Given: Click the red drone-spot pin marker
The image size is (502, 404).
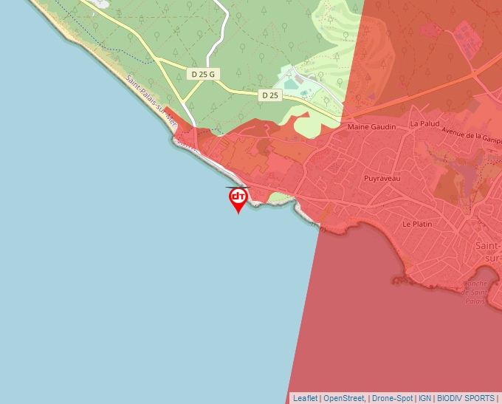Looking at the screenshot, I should click(x=238, y=197).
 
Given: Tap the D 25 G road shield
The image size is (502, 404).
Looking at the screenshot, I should click(x=202, y=74).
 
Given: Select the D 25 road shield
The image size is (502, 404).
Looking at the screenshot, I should click(x=269, y=95).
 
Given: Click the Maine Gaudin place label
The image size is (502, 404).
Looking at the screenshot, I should click(x=371, y=127).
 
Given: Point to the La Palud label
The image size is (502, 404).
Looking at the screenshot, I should click(x=424, y=123).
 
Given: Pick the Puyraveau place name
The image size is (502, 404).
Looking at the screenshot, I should click(x=382, y=178).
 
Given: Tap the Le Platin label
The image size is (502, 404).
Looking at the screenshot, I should click(x=417, y=223).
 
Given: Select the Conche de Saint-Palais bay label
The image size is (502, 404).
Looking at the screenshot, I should click(x=477, y=291).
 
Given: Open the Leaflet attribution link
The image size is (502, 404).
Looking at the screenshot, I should click(x=305, y=398).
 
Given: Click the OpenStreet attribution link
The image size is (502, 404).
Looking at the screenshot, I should click(x=344, y=398).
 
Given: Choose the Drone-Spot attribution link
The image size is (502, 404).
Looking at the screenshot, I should click(x=393, y=398).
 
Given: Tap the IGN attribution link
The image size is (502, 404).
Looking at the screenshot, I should click(x=424, y=398).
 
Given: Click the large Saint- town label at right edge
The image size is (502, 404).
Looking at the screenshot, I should click(x=488, y=246).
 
